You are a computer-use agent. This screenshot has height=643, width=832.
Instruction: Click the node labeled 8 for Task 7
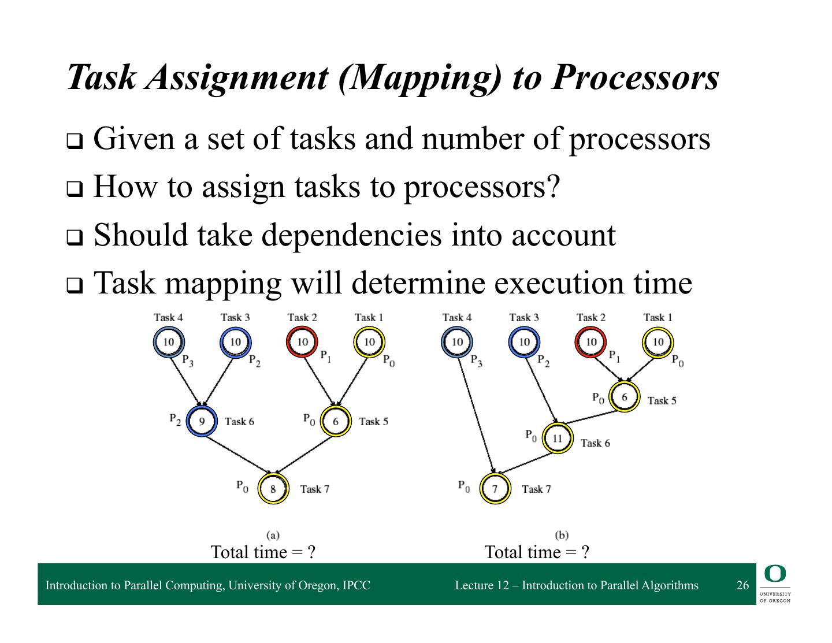(273, 489)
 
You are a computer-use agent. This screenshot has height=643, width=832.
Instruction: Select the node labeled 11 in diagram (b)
(557, 438)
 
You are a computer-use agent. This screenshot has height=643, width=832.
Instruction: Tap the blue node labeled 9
(202, 421)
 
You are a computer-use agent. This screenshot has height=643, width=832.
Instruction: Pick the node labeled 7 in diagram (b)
(495, 489)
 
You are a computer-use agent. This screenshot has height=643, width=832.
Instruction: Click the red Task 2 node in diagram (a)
(302, 342)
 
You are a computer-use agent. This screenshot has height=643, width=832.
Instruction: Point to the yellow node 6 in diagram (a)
(335, 421)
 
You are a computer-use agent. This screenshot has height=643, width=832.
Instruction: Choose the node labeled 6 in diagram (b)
(624, 397)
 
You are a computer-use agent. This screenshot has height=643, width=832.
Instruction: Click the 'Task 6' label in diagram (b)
(595, 443)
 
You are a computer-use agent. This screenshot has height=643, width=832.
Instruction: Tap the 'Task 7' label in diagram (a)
(314, 489)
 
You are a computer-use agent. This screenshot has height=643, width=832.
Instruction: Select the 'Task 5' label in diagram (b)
(662, 400)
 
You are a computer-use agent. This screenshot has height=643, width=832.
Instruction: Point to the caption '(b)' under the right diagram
(561, 536)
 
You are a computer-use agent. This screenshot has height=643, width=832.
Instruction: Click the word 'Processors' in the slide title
(634, 77)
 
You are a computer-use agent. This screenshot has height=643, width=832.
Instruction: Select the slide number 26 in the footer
(742, 585)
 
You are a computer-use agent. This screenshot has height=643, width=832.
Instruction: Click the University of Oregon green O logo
(775, 574)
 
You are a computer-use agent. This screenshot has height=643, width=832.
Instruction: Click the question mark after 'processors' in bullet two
(553, 187)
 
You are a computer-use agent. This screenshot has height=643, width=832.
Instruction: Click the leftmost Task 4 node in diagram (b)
(457, 342)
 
